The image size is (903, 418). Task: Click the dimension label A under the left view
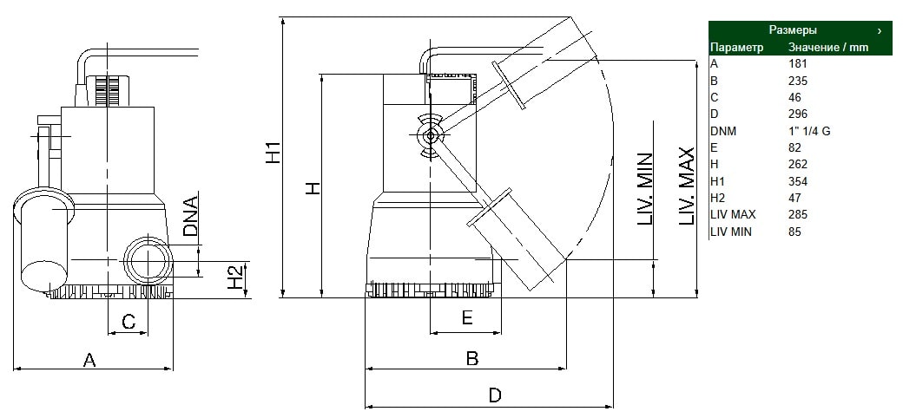pyautogui.click(x=89, y=360)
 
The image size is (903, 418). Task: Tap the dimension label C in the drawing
pyautogui.click(x=129, y=321)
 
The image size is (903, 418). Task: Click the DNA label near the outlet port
pyautogui.click(x=190, y=217)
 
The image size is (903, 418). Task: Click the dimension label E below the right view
pyautogui.click(x=467, y=317)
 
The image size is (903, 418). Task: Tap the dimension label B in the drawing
pyautogui.click(x=472, y=358)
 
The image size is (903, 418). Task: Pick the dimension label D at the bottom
pyautogui.click(x=495, y=395)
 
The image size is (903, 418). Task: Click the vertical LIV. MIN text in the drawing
pyautogui.click(x=645, y=188)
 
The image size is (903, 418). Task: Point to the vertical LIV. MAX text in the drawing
pyautogui.click(x=687, y=186)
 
